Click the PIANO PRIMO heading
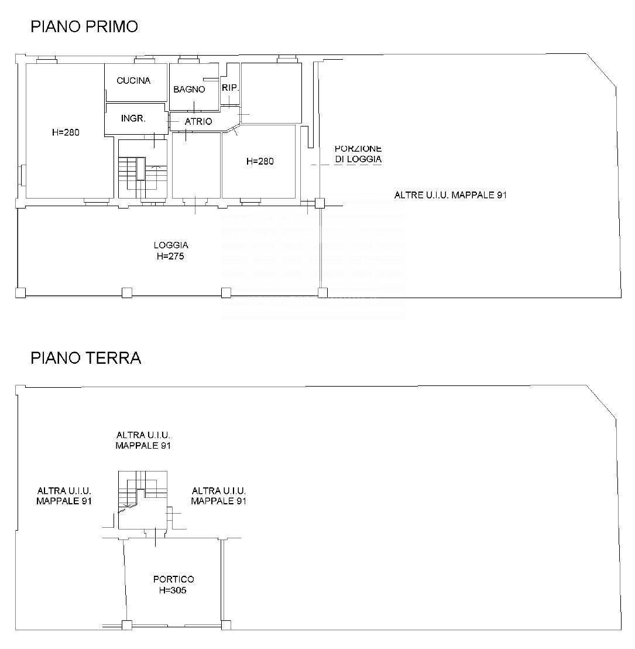(x=84, y=26)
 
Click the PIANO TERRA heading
(x=86, y=358)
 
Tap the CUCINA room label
(x=133, y=81)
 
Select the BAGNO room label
(x=189, y=90)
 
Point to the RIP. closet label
(x=231, y=88)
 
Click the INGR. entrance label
(x=133, y=118)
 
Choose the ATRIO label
(x=198, y=122)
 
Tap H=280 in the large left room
(x=66, y=132)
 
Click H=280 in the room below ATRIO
(x=260, y=162)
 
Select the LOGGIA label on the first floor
(x=171, y=245)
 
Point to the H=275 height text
(x=170, y=256)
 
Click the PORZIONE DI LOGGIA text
(x=358, y=153)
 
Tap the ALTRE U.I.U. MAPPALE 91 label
(x=451, y=195)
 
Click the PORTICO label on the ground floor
(x=173, y=579)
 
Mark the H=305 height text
(x=173, y=590)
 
